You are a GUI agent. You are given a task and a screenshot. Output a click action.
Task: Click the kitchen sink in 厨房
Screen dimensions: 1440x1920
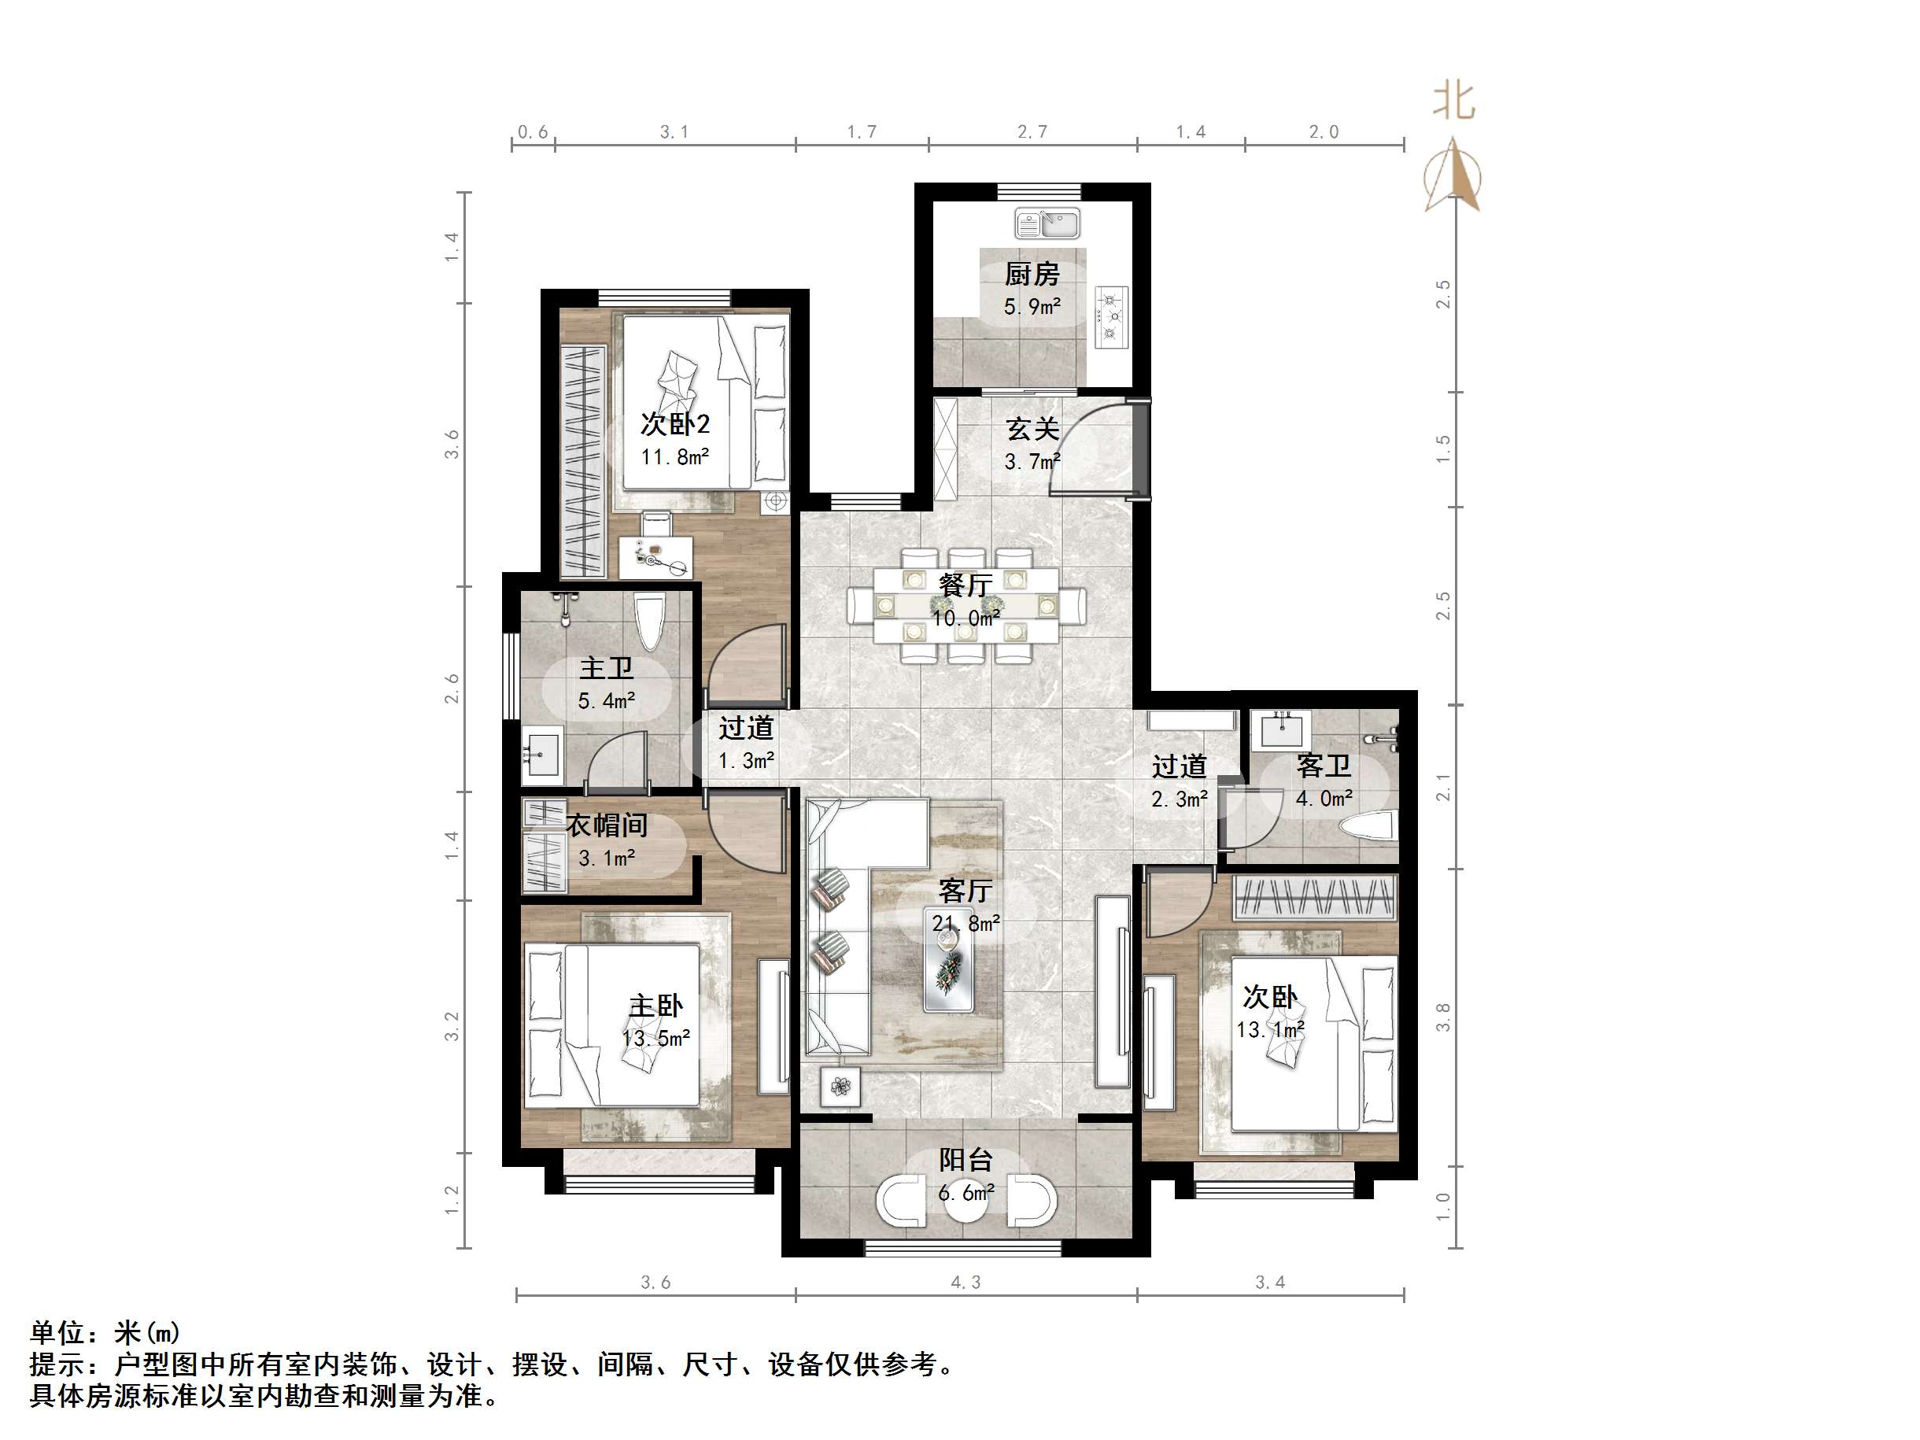1047,224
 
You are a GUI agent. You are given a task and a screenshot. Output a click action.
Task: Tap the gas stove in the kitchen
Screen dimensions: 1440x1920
1112,317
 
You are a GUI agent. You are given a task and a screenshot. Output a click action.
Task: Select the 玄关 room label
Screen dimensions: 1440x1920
1032,429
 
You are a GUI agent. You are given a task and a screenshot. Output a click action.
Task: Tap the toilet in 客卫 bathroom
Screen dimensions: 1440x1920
1370,825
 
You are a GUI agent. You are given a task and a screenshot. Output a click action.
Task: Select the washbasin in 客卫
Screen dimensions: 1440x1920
1281,729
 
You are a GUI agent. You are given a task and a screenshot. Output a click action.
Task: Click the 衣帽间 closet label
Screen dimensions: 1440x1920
607,825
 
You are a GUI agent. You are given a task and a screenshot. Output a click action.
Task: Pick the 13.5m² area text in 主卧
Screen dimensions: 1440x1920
656,1038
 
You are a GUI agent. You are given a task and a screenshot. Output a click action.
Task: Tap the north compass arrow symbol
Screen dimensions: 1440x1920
1453,179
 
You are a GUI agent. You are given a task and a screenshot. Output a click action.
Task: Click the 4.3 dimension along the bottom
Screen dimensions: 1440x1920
966,1282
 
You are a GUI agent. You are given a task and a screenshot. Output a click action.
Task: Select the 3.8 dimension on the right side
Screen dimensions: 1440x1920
1442,1017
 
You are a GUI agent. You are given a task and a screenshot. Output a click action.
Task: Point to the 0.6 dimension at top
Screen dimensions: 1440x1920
533,132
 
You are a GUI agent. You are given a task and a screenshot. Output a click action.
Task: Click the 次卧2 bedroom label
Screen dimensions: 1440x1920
675,424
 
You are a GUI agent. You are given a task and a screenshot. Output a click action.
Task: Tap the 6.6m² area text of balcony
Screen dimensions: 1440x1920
966,1194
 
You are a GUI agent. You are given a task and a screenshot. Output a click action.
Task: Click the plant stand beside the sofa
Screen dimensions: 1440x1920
840,1086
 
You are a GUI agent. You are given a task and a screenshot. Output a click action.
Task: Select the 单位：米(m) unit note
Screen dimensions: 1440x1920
105,1332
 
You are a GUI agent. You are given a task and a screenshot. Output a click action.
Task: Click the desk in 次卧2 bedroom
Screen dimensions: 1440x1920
656,556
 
